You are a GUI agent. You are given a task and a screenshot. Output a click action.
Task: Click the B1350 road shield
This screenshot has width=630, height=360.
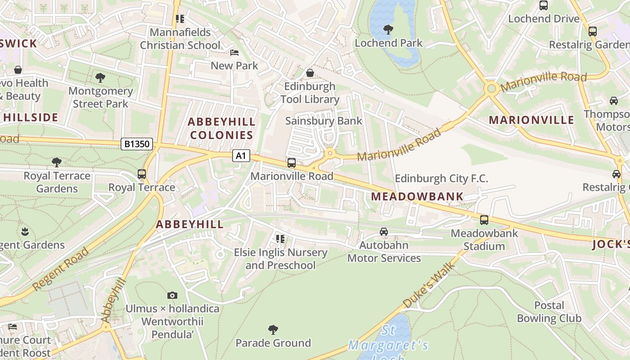click(137, 144)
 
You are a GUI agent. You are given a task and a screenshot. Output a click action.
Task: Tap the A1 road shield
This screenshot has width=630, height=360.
click(241, 156)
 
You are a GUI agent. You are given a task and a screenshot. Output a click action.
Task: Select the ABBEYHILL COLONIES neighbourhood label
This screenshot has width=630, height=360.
click(221, 128)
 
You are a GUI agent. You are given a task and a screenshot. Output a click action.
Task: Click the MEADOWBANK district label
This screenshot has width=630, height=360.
click(417, 196)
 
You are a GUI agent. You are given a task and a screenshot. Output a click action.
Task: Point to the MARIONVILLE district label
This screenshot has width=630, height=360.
click(531, 120)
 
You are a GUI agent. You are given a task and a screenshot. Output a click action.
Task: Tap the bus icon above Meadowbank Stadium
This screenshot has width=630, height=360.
click(484, 220)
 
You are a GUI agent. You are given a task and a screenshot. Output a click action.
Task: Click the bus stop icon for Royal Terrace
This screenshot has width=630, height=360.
click(142, 174)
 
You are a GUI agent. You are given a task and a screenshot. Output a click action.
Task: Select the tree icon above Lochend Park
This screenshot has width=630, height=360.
click(388, 30)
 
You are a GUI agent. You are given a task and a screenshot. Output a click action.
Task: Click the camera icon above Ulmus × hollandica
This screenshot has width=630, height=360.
click(172, 296)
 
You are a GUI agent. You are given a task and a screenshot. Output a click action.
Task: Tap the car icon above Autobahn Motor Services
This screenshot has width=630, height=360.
click(383, 232)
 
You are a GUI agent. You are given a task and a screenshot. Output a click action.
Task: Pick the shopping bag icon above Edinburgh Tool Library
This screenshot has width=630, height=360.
click(310, 73)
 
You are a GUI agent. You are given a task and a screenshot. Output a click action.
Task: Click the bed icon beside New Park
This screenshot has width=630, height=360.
click(234, 53)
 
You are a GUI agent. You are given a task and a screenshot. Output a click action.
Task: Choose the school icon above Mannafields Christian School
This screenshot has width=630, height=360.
click(180, 19)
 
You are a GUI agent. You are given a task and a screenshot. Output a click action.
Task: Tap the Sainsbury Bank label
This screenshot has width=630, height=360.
click(324, 121)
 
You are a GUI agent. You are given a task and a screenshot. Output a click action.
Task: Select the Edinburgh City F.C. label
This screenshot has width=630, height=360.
click(441, 179)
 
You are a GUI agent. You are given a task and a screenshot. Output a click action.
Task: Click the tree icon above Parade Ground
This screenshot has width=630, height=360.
click(273, 330)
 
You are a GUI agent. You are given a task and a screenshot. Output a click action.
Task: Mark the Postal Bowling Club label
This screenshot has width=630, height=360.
click(549, 312)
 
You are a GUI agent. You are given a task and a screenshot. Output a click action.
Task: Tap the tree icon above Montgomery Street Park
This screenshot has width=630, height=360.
click(100, 78)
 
